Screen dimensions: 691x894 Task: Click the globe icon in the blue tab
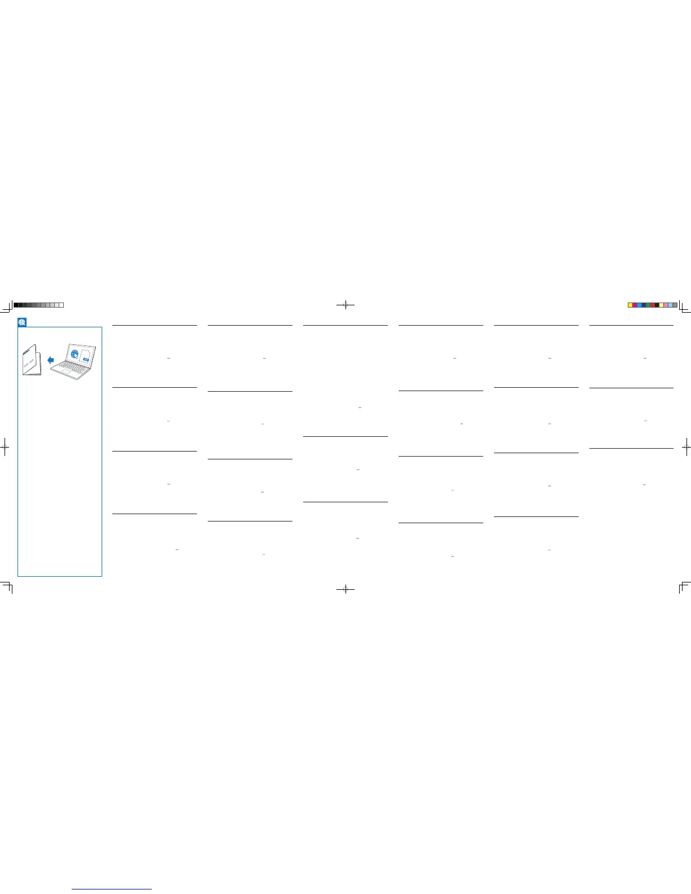coord(22,322)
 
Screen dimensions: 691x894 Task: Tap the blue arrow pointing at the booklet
coord(51,360)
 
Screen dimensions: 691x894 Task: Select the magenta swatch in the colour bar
coord(635,305)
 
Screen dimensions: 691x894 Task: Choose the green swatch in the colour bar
coord(648,305)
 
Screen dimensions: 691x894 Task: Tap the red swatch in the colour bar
coord(653,305)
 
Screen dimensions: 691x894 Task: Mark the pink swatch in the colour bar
coord(666,305)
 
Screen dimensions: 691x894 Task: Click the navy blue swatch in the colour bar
coord(644,305)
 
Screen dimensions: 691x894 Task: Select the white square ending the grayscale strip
coord(61,305)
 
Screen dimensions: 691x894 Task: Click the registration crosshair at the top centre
coord(345,305)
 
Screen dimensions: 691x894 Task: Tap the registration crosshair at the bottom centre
coord(345,589)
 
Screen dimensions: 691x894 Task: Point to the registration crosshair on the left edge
coord(5,446)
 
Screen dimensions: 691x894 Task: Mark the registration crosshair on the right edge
coord(686,446)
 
